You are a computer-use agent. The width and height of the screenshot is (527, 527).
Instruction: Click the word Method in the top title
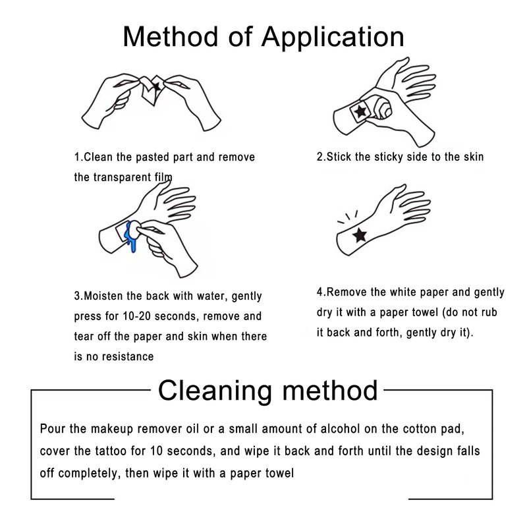coord(171,36)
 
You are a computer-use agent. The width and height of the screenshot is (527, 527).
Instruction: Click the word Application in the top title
coord(333,38)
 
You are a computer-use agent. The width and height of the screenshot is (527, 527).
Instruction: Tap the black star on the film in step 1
coord(157,86)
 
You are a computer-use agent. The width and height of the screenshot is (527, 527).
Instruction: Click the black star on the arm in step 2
coord(360,111)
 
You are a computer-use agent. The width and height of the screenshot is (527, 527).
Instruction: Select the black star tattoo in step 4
coord(360,235)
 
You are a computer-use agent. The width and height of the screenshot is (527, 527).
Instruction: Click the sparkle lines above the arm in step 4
coord(348,217)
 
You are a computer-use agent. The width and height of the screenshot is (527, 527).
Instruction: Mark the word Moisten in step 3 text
coord(103,296)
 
